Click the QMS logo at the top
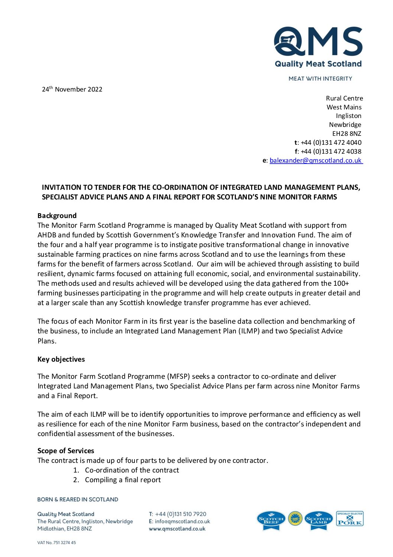pyautogui.click(x=318, y=47)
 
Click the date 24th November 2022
pyautogui.click(x=72, y=89)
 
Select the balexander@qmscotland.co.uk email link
pyautogui.click(x=316, y=160)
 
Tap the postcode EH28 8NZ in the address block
pyautogui.click(x=347, y=134)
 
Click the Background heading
pyautogui.click(x=57, y=216)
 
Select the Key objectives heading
pyautogui.click(x=61, y=359)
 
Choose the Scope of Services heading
pyautogui.click(x=66, y=451)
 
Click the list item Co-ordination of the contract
pyautogui.click(x=132, y=470)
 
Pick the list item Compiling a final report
pyautogui.click(x=123, y=480)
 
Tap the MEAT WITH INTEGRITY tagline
pyautogui.click(x=320, y=79)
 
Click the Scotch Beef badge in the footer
pyautogui.click(x=271, y=520)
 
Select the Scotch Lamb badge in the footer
pyautogui.click(x=318, y=520)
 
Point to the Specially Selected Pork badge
pyautogui.click(x=350, y=519)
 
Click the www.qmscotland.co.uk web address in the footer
pyautogui.click(x=177, y=529)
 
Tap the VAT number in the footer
pyautogui.click(x=56, y=542)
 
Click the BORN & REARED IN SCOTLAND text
pyautogui.click(x=78, y=499)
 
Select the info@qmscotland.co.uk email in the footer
pyautogui.click(x=182, y=521)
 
